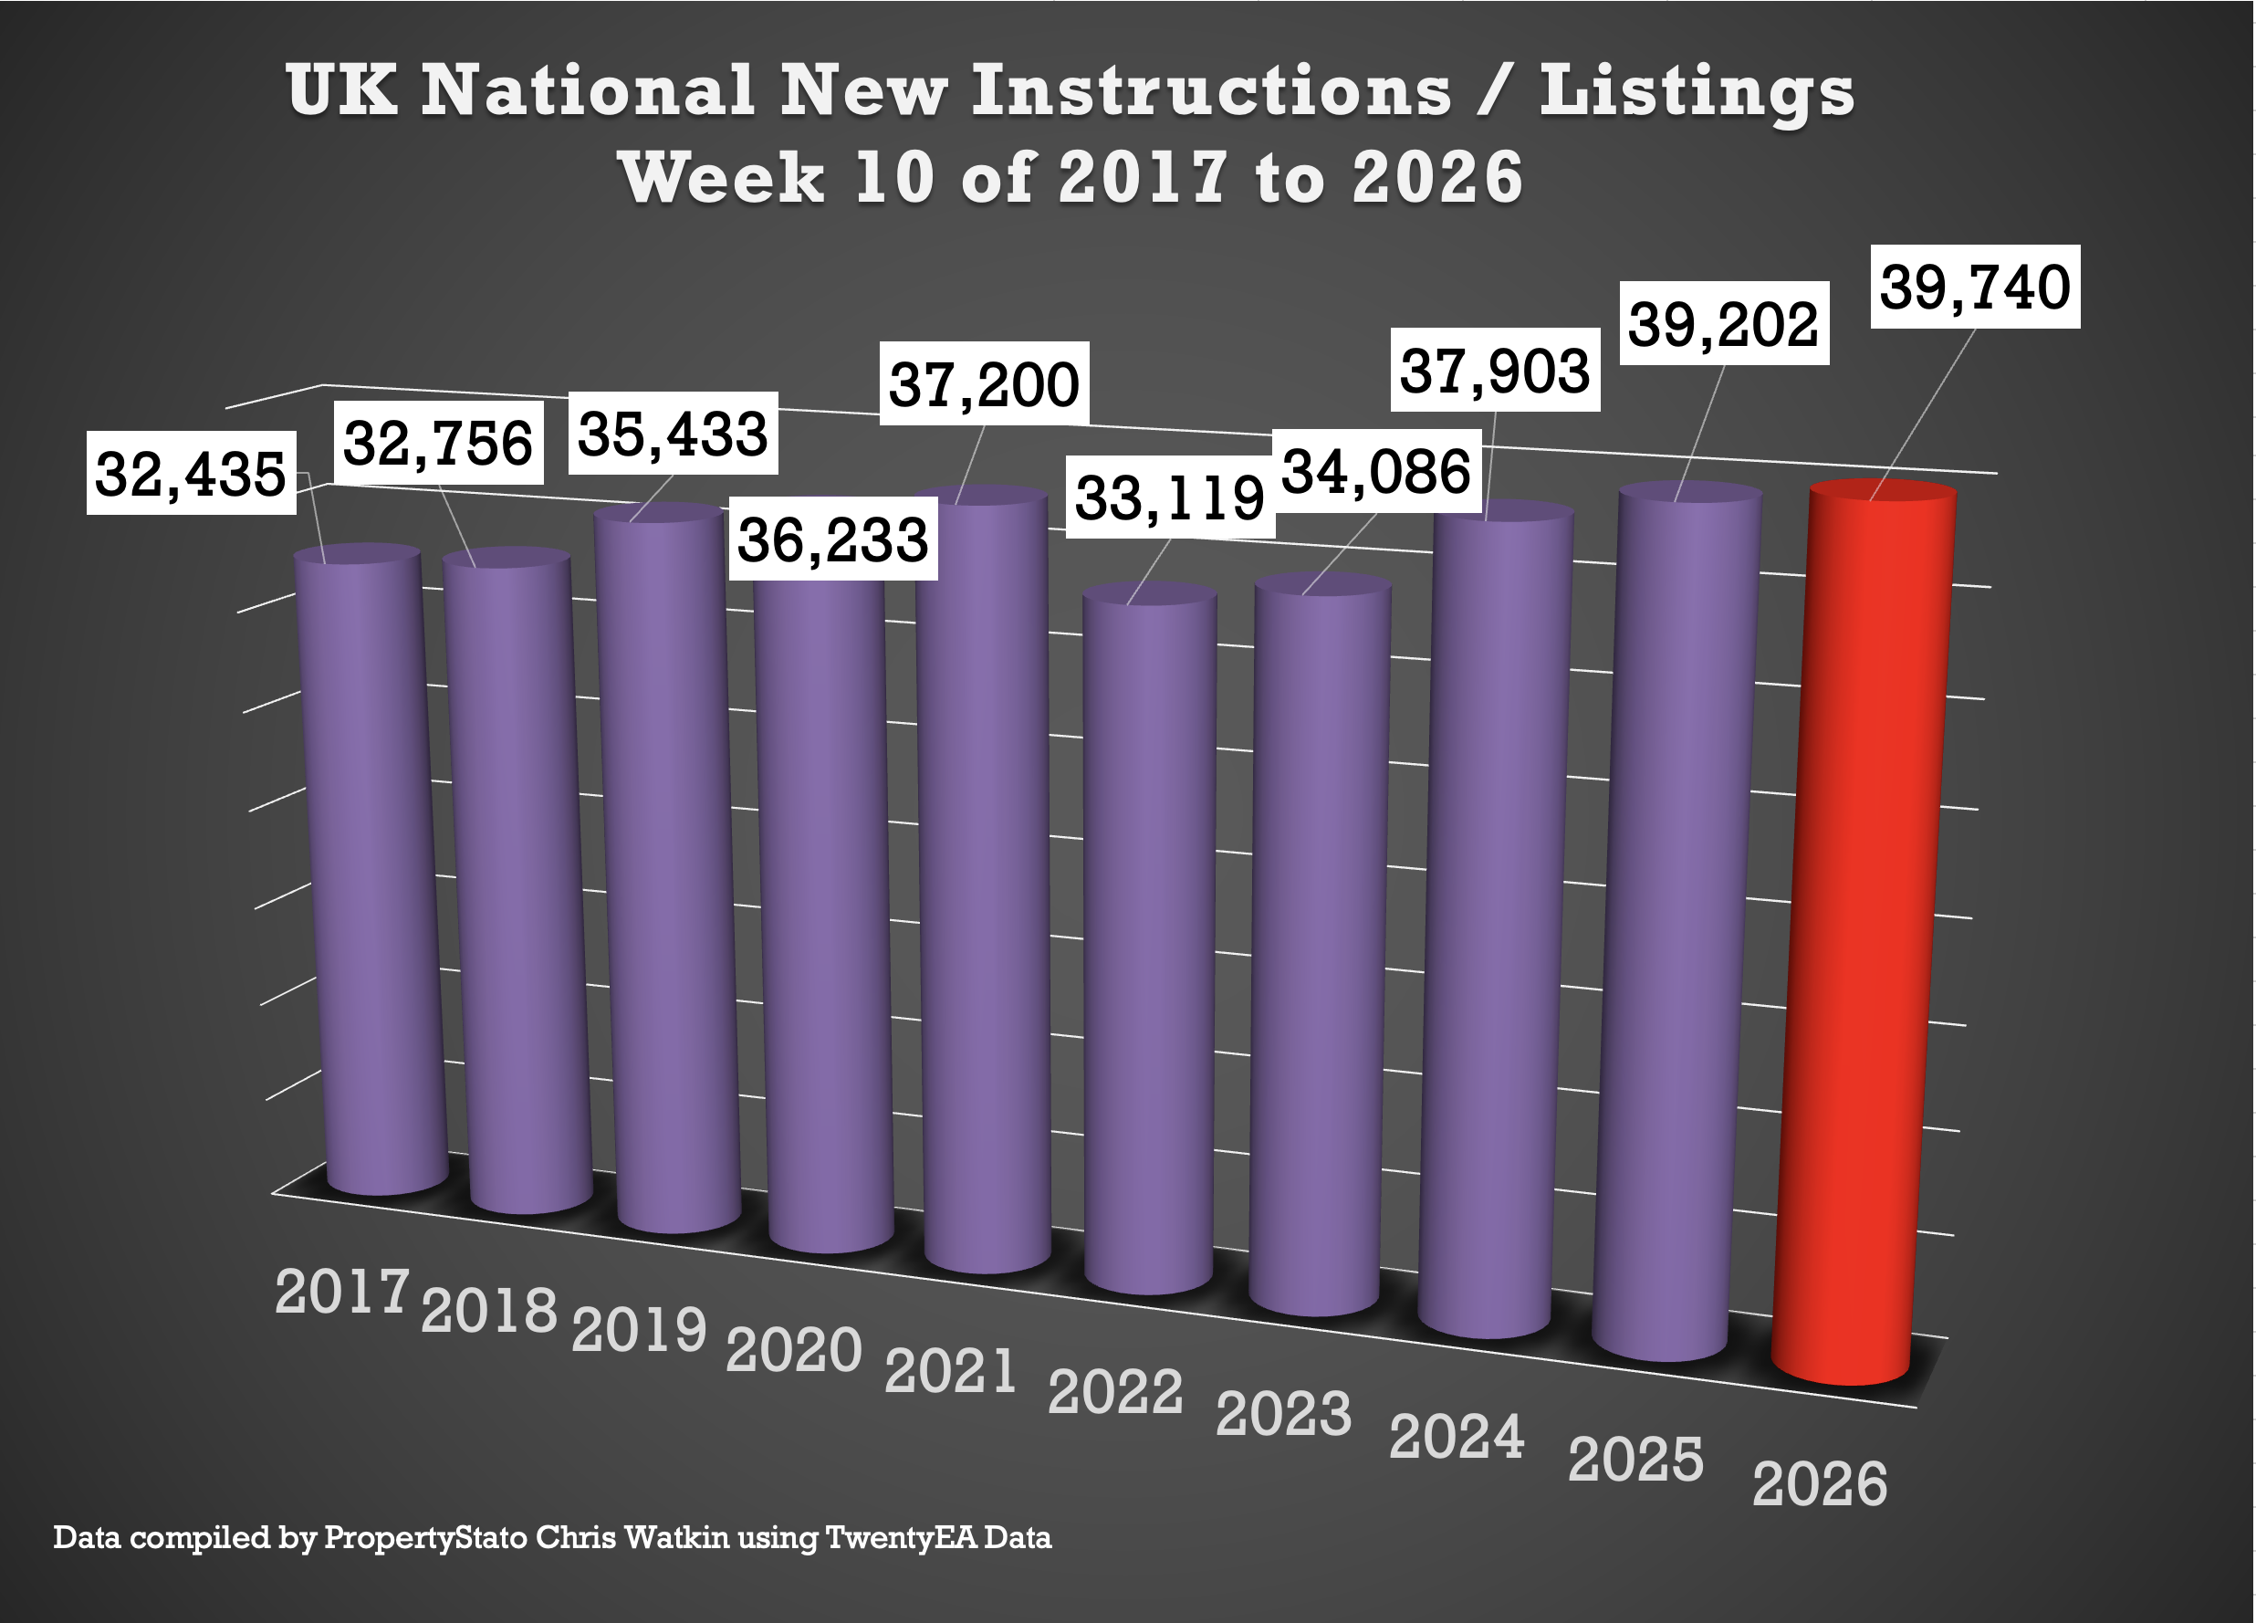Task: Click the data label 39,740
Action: click(1975, 287)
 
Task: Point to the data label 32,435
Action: click(191, 473)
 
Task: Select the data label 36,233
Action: click(832, 540)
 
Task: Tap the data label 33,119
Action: click(1170, 497)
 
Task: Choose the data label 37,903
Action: click(1494, 371)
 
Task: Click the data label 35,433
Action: click(674, 435)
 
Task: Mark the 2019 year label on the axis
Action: click(639, 1329)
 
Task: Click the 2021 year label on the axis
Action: click(951, 1371)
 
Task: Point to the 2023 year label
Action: click(1283, 1414)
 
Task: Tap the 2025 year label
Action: click(1635, 1460)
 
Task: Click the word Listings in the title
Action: click(1697, 91)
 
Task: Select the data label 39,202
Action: click(1724, 324)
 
